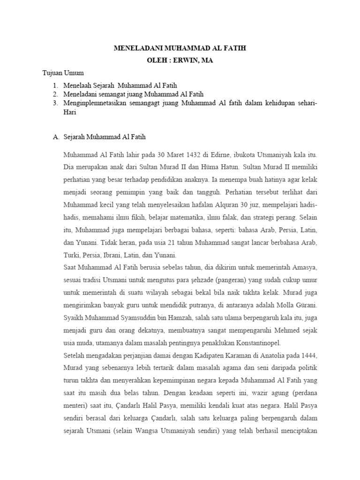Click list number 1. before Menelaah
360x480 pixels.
pos(55,86)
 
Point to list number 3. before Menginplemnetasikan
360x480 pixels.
pos(55,104)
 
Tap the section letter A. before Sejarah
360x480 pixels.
pos(55,137)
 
